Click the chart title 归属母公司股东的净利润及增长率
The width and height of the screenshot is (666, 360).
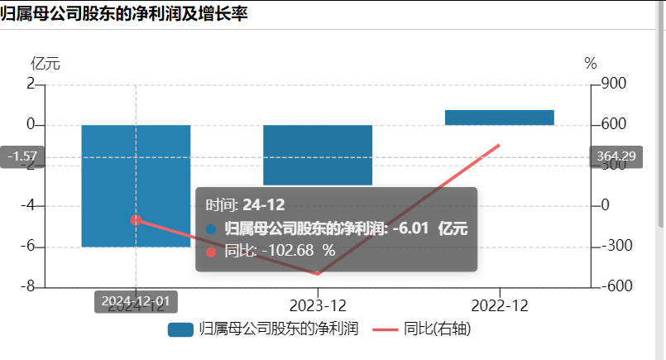124,14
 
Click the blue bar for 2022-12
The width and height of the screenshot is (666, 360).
499,118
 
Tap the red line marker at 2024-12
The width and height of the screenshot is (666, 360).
137,220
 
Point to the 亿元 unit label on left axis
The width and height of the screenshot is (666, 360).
46,64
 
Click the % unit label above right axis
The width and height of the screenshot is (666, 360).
591,64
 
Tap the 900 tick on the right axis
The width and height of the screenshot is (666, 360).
615,84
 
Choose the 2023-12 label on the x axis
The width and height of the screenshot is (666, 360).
318,305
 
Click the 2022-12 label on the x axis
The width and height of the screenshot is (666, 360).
500,305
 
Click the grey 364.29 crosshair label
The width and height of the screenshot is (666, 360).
616,156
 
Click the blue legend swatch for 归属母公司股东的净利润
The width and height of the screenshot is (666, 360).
180,329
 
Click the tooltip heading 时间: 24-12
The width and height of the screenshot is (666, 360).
245,205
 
